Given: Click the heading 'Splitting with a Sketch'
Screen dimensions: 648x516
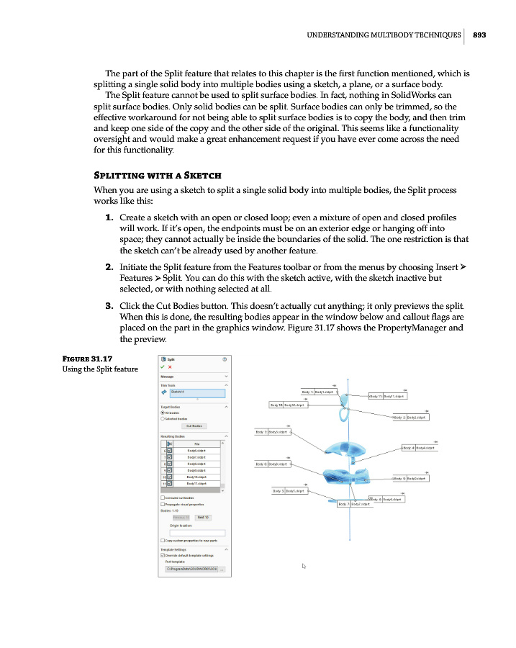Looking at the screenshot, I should point(158,176).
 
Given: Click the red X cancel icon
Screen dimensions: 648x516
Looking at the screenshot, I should point(170,366).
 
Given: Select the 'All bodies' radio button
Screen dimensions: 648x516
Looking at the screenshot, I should point(162,413).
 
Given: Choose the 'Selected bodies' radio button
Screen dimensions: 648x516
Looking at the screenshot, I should point(162,418).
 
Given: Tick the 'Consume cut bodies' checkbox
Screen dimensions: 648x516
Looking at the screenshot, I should point(162,498).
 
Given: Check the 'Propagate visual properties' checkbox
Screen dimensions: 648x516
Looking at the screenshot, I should point(162,504).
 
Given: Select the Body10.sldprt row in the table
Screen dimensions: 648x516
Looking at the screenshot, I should point(196,477).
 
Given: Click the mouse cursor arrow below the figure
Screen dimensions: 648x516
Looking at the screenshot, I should point(304,566).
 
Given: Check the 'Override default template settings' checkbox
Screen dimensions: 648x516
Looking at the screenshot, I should point(162,555).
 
